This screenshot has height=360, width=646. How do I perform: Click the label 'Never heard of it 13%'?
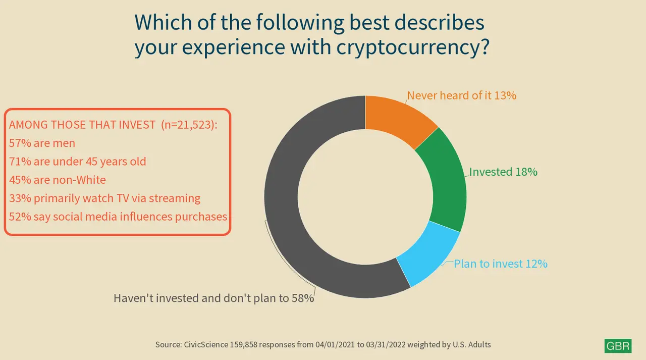click(x=462, y=95)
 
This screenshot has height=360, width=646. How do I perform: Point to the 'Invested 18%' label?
click(x=503, y=172)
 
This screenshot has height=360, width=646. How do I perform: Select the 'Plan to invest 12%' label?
click(x=501, y=264)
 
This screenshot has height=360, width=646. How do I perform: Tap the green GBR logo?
click(x=618, y=345)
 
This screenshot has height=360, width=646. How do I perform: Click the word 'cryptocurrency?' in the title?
click(x=413, y=47)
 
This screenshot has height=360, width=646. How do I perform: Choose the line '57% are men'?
click(x=42, y=143)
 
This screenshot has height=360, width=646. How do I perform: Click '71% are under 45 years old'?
click(x=78, y=162)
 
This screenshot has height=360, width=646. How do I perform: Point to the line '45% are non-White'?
click(x=58, y=180)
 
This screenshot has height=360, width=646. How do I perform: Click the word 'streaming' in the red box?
click(x=175, y=198)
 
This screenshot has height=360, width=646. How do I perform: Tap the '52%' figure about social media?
click(x=20, y=217)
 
